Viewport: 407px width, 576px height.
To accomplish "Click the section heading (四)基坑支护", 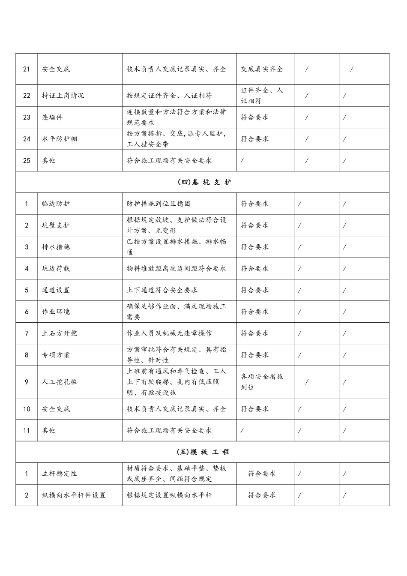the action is click(203, 182).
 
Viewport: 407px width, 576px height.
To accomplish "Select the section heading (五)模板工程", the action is click(203, 452).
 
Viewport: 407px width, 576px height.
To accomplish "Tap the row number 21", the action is click(27, 69).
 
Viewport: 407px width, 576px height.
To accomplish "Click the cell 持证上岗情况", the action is click(63, 96).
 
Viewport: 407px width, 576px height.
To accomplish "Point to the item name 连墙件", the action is click(52, 117).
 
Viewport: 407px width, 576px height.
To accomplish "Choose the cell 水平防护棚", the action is click(60, 139).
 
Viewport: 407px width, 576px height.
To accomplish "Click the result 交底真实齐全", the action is click(262, 69).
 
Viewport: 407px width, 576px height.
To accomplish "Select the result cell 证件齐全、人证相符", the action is click(262, 96).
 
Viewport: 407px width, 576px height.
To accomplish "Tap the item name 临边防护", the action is click(56, 204).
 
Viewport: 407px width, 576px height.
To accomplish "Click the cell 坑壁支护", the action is click(56, 225).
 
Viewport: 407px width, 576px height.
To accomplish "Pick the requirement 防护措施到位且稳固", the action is click(159, 204).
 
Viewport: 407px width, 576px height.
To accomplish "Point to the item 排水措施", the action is click(56, 247).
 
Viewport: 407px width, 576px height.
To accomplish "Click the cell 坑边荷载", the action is click(56, 269).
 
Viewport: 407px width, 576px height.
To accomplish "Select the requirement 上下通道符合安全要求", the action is click(162, 290).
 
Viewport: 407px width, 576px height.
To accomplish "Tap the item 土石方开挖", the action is click(60, 333).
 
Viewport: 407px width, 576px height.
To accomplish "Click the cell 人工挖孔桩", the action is click(60, 381).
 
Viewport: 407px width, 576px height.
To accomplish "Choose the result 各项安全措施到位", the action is click(262, 381).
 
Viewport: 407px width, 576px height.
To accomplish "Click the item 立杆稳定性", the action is click(60, 474).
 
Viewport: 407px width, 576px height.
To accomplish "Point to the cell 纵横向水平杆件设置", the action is click(74, 495).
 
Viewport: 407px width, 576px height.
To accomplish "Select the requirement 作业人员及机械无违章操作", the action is click(169, 333).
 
